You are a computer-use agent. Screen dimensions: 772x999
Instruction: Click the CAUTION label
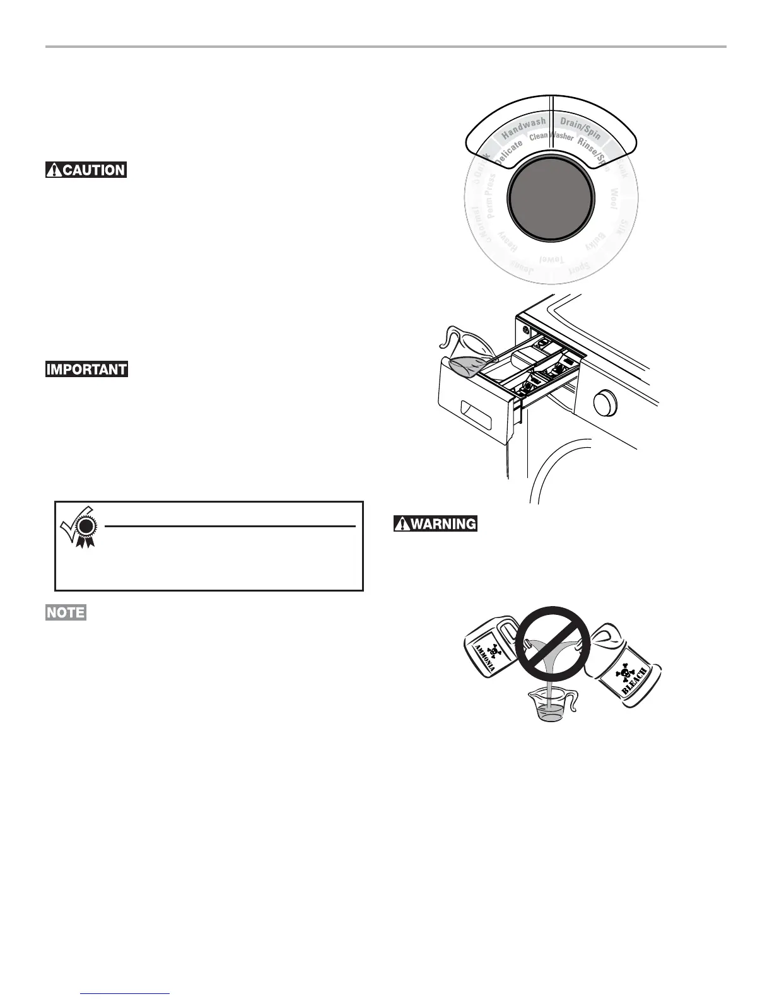(86, 170)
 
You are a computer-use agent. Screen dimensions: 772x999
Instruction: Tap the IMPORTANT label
(86, 370)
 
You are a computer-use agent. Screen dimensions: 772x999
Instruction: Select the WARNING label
(435, 523)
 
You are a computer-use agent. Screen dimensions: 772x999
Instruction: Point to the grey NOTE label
(66, 612)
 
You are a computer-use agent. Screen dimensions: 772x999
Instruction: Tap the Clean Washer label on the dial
(551, 136)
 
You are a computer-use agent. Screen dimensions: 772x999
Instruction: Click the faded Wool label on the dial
(612, 197)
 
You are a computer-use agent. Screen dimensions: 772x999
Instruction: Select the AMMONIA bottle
(492, 650)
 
